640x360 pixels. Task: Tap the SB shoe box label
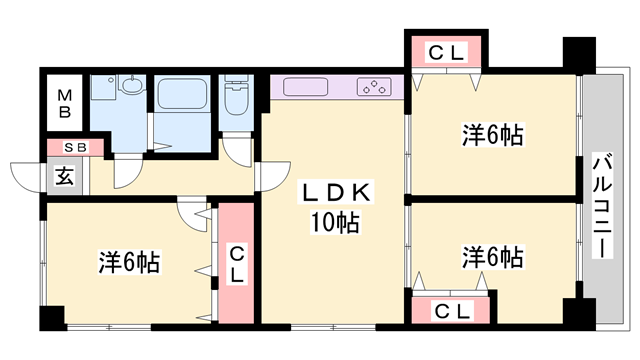click(75, 148)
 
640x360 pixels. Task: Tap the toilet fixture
click(237, 100)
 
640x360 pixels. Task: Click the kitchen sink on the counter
click(306, 87)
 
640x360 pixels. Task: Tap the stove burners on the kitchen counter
click(375, 87)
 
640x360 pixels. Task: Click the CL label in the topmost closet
click(445, 54)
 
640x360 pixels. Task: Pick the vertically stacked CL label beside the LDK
click(237, 263)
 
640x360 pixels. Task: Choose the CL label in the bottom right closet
click(452, 311)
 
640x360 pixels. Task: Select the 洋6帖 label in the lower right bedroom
click(493, 257)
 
